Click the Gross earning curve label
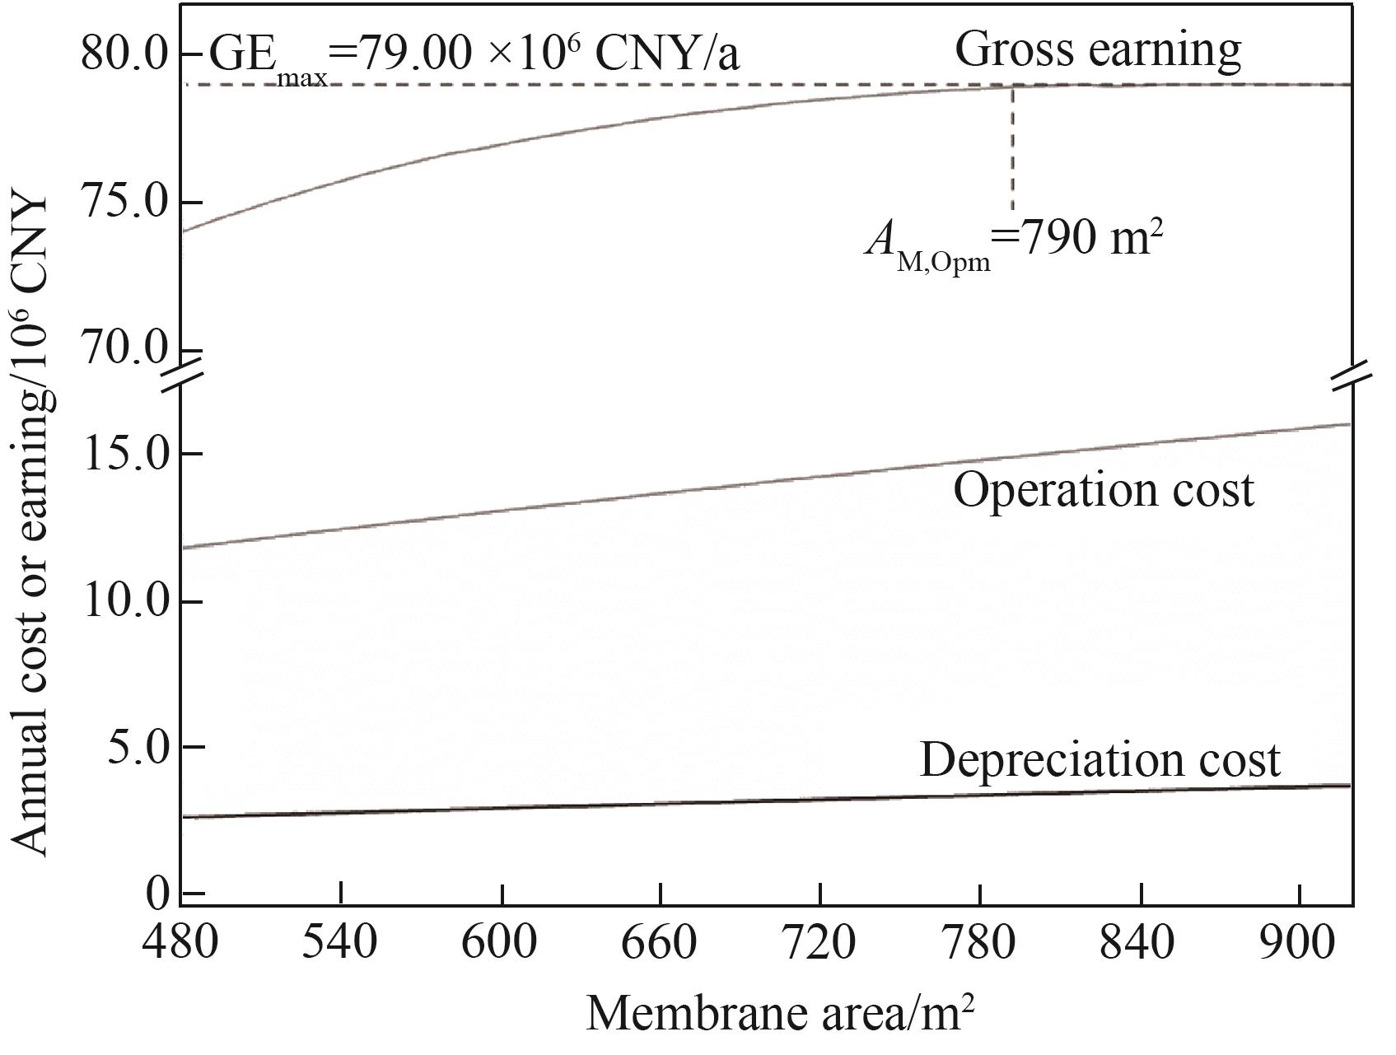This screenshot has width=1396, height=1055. pyautogui.click(x=1097, y=49)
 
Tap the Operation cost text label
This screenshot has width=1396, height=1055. pyautogui.click(x=1104, y=490)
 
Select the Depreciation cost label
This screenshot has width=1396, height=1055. pyautogui.click(x=1100, y=759)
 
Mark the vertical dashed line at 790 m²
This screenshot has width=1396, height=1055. pyautogui.click(x=1012, y=148)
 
